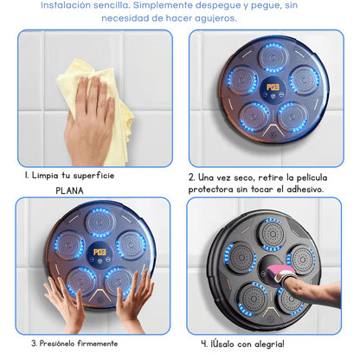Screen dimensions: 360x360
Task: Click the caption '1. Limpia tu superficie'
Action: pyautogui.click(x=69, y=176)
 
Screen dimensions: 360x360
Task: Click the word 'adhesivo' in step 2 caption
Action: pyautogui.click(x=295, y=189)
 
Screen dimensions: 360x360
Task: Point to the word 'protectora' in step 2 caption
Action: pyautogui.click(x=219, y=189)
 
